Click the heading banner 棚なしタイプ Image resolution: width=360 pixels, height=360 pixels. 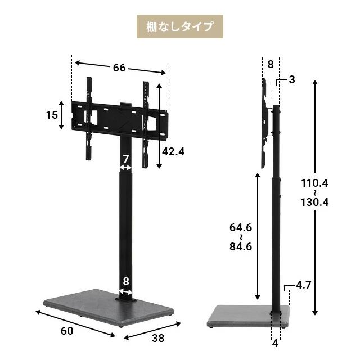180,26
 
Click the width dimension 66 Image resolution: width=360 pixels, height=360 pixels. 119,67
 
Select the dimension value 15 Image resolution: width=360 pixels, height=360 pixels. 52,115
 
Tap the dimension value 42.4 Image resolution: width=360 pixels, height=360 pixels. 173,151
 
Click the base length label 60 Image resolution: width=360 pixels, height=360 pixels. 66,331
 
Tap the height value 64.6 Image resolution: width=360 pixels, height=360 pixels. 240,227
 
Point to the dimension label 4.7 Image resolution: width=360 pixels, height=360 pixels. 303,285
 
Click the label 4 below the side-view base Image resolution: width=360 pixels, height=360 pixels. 275,343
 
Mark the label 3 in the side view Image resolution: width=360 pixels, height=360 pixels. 292,79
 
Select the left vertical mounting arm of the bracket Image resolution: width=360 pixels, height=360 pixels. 89,118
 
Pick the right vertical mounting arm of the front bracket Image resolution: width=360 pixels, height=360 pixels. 146,124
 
